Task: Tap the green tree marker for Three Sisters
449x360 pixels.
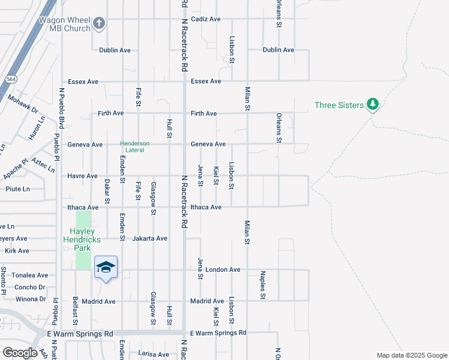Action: pos(373,105)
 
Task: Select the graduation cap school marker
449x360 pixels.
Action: pos(106,268)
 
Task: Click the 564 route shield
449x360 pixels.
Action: pos(11,79)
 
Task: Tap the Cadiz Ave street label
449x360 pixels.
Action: pos(205,19)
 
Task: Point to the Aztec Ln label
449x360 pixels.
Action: pos(43,162)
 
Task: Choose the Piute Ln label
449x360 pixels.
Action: pos(17,189)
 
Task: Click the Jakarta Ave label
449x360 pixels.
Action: pos(149,238)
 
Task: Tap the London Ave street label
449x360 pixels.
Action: pos(223,270)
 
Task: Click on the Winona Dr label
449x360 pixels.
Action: pos(31,299)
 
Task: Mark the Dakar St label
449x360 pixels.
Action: pos(107,191)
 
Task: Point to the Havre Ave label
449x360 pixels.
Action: pos(83,176)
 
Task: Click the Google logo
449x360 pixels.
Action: pos(20,353)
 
